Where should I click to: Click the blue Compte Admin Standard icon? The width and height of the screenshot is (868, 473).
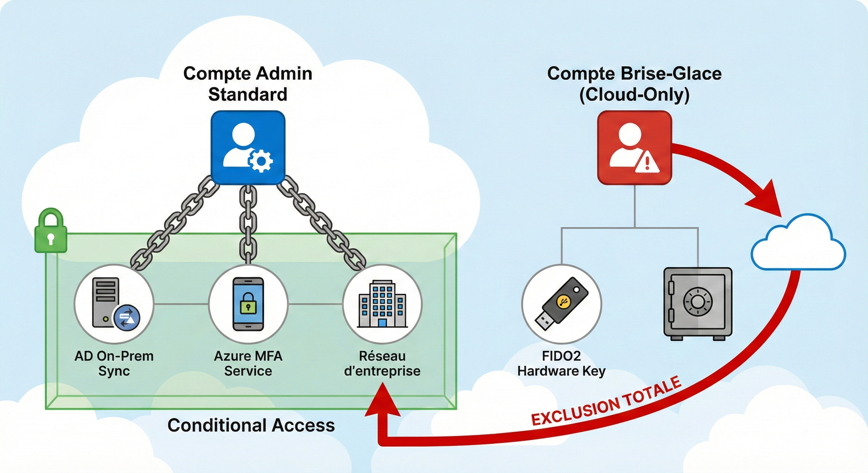(248, 147)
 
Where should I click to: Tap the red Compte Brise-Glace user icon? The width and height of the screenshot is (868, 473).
(634, 147)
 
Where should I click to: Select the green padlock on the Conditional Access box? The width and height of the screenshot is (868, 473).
(51, 231)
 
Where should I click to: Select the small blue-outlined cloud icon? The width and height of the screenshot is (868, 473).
(798, 244)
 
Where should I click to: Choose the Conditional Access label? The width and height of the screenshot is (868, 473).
(251, 425)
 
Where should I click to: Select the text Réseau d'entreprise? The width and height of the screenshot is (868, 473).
(382, 363)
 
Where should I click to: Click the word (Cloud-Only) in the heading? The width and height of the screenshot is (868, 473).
(634, 95)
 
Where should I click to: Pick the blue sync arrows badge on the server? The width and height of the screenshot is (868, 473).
(127, 317)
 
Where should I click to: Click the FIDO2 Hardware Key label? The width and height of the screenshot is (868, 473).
(561, 363)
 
